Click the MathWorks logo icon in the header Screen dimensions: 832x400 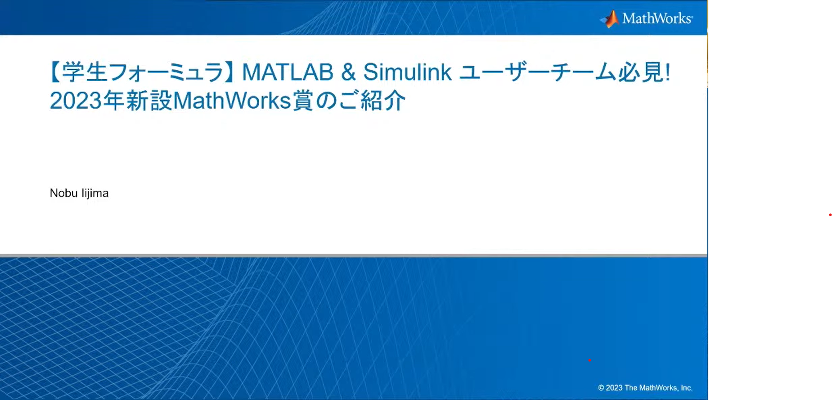(610, 19)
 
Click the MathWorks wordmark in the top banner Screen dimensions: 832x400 (657, 18)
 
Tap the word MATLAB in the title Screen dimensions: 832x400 (288, 72)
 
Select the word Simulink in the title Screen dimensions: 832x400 (407, 72)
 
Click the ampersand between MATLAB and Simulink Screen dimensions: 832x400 (348, 72)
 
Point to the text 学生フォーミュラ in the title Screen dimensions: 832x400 (142, 72)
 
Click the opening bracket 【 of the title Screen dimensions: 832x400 (55, 72)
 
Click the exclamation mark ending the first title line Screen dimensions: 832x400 (667, 72)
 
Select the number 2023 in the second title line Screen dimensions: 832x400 (76, 100)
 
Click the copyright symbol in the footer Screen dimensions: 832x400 (601, 388)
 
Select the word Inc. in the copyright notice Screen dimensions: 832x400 (687, 388)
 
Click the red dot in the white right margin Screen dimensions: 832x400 (830, 215)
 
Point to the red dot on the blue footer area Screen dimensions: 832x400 (589, 360)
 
